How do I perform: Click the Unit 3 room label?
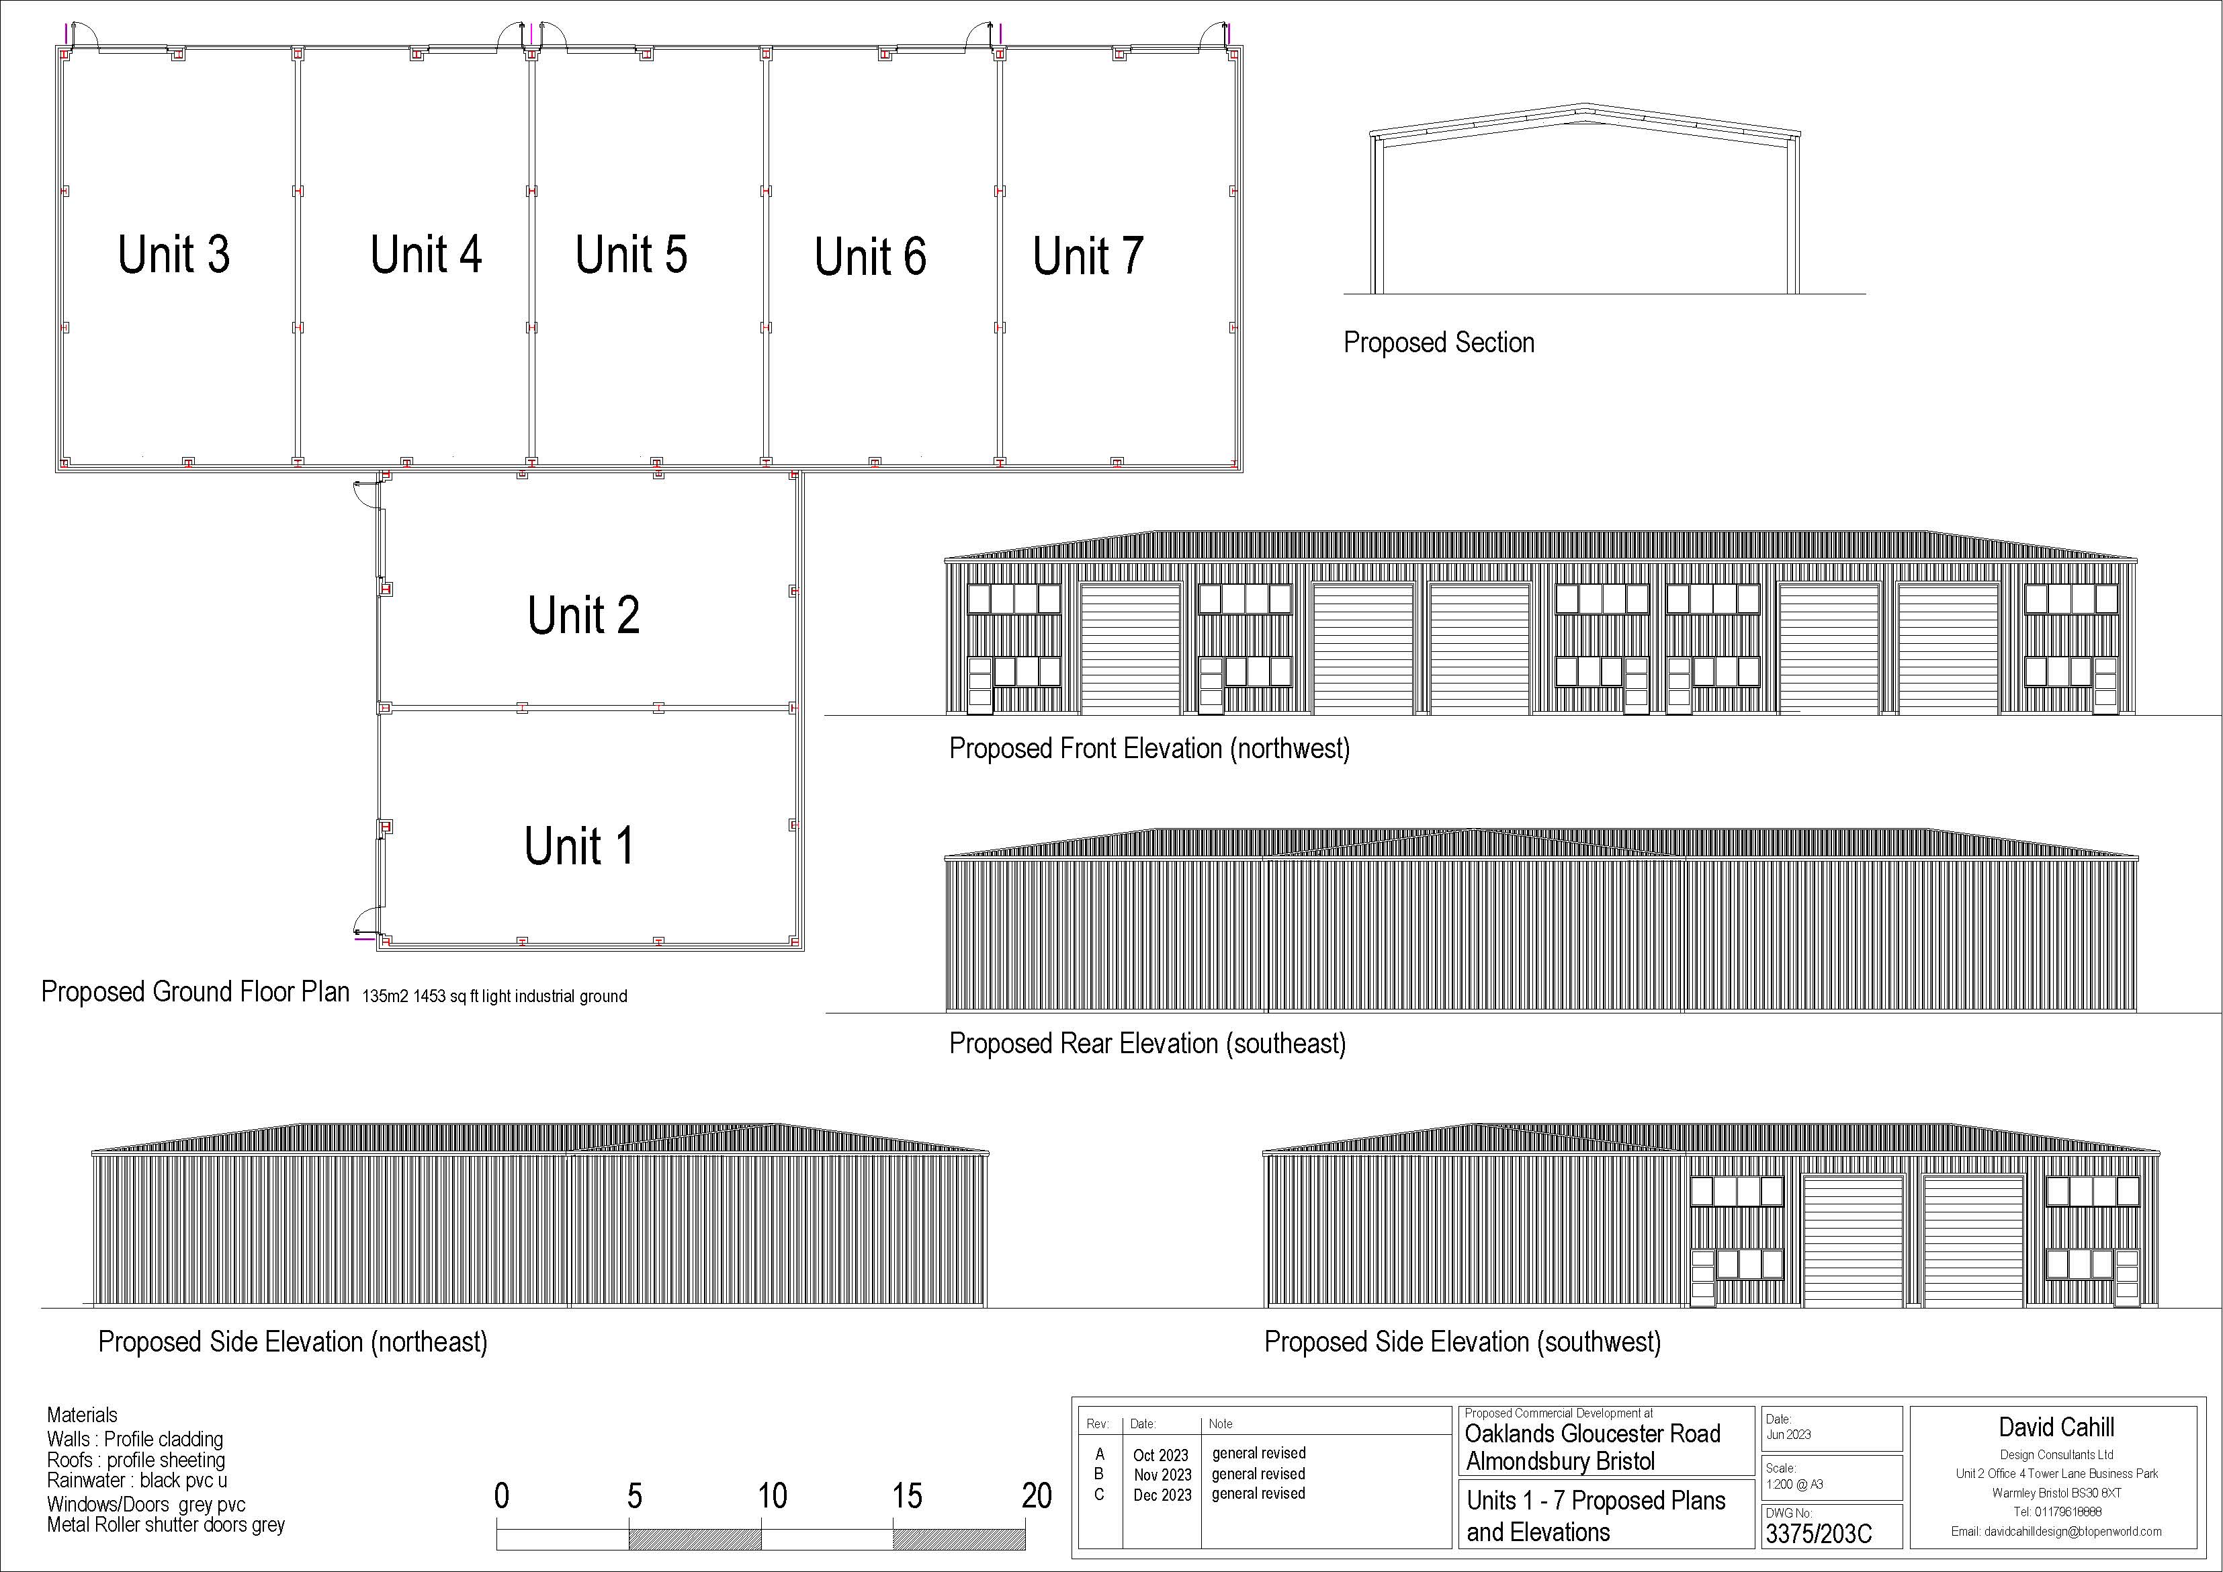click(173, 255)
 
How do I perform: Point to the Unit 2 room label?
click(583, 615)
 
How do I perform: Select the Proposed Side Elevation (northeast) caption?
click(292, 1342)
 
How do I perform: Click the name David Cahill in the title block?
click(2056, 1428)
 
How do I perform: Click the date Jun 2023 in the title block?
click(1788, 1434)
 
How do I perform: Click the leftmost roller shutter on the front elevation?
click(1130, 649)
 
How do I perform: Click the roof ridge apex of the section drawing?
click(1584, 106)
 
